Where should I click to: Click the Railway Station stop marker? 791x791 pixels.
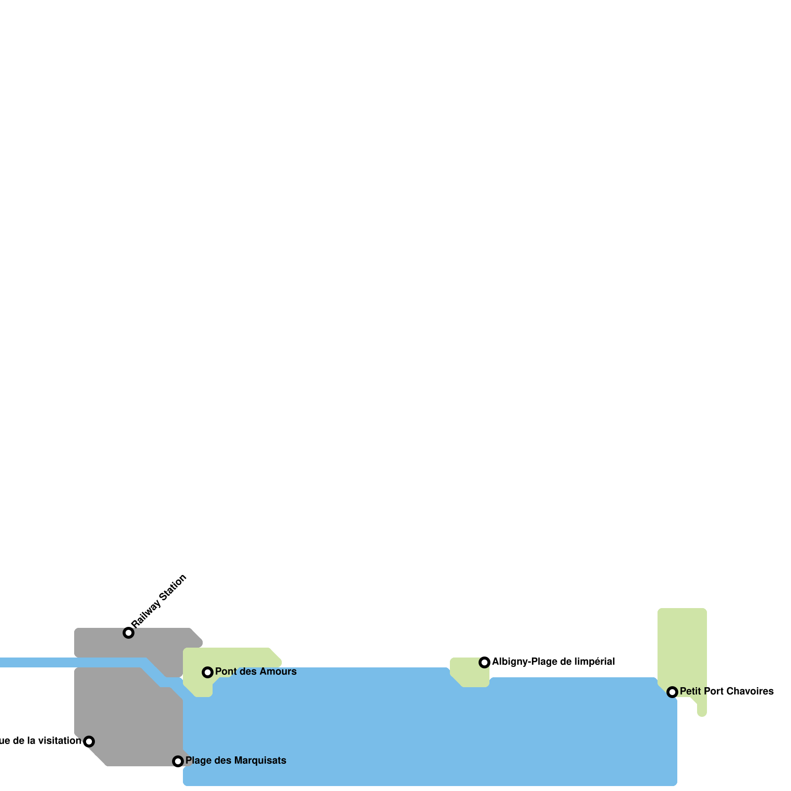(x=129, y=633)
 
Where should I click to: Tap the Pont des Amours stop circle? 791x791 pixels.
(x=208, y=672)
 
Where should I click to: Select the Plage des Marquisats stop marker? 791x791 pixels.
(x=178, y=761)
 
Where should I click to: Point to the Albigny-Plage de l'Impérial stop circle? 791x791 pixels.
(x=484, y=662)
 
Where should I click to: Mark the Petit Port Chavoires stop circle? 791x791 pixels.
(x=672, y=692)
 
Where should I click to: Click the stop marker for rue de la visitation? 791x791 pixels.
(x=89, y=741)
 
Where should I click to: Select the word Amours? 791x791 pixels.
(x=277, y=671)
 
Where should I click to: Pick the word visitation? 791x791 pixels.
(x=59, y=741)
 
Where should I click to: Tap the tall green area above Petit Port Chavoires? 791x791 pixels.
(x=682, y=643)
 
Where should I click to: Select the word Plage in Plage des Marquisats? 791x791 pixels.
(x=197, y=760)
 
